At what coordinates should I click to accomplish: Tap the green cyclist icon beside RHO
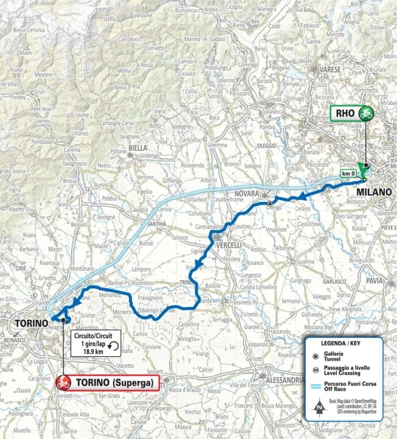tap(366, 114)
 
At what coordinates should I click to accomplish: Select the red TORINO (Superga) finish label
tap(114, 382)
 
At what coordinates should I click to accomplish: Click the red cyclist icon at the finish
tap(63, 382)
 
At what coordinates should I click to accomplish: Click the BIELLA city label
tap(137, 148)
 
